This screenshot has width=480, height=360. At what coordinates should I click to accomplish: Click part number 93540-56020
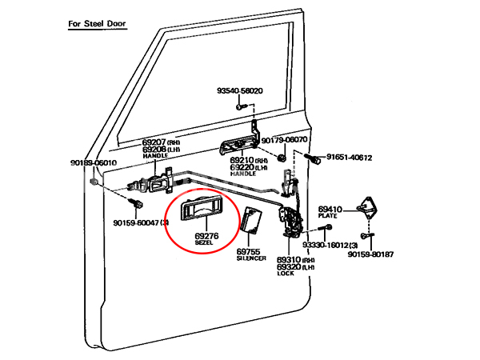pyautogui.click(x=239, y=91)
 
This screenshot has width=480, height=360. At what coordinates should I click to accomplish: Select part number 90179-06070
pyautogui.click(x=284, y=139)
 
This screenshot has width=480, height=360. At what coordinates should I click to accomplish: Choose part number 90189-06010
pyautogui.click(x=94, y=163)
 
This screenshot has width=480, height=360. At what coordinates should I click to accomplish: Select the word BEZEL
pyautogui.click(x=205, y=242)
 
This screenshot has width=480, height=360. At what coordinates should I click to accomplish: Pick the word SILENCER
pyautogui.click(x=250, y=258)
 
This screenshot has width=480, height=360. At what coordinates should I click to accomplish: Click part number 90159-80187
pyautogui.click(x=370, y=254)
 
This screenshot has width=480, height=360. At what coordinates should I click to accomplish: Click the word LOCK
pyautogui.click(x=286, y=274)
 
